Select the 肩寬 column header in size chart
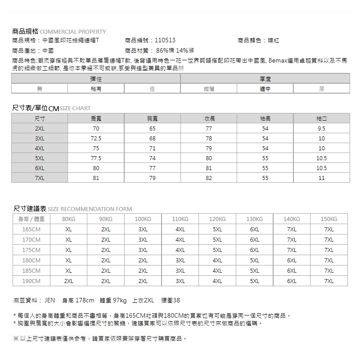point(96,119)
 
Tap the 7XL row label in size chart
point(40,178)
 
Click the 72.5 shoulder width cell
point(96,138)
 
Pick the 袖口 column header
point(321,119)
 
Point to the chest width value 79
point(153,178)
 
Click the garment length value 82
point(209,178)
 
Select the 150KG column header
point(329,219)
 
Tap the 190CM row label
point(31,281)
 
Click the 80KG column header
point(68,219)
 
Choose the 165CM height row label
point(31,229)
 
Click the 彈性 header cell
point(96,79)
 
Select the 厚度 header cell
point(265,79)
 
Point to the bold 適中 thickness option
point(265,89)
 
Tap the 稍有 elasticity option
point(96,89)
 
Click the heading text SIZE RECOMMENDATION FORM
point(90,209)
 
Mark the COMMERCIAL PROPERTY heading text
point(73,32)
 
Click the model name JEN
point(49,301)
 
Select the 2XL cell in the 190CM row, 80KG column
point(68,281)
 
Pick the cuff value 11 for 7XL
point(321,178)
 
